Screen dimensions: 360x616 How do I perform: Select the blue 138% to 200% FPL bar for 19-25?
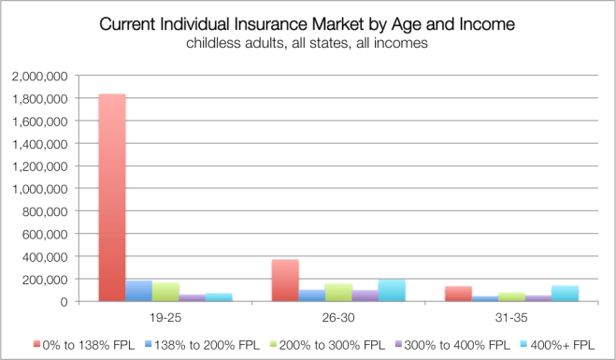[x=138, y=291]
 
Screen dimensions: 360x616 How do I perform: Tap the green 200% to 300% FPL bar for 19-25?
[x=165, y=292]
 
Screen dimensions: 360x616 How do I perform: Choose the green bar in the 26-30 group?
[x=339, y=293]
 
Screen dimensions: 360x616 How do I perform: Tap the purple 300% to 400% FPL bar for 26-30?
[x=366, y=295]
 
